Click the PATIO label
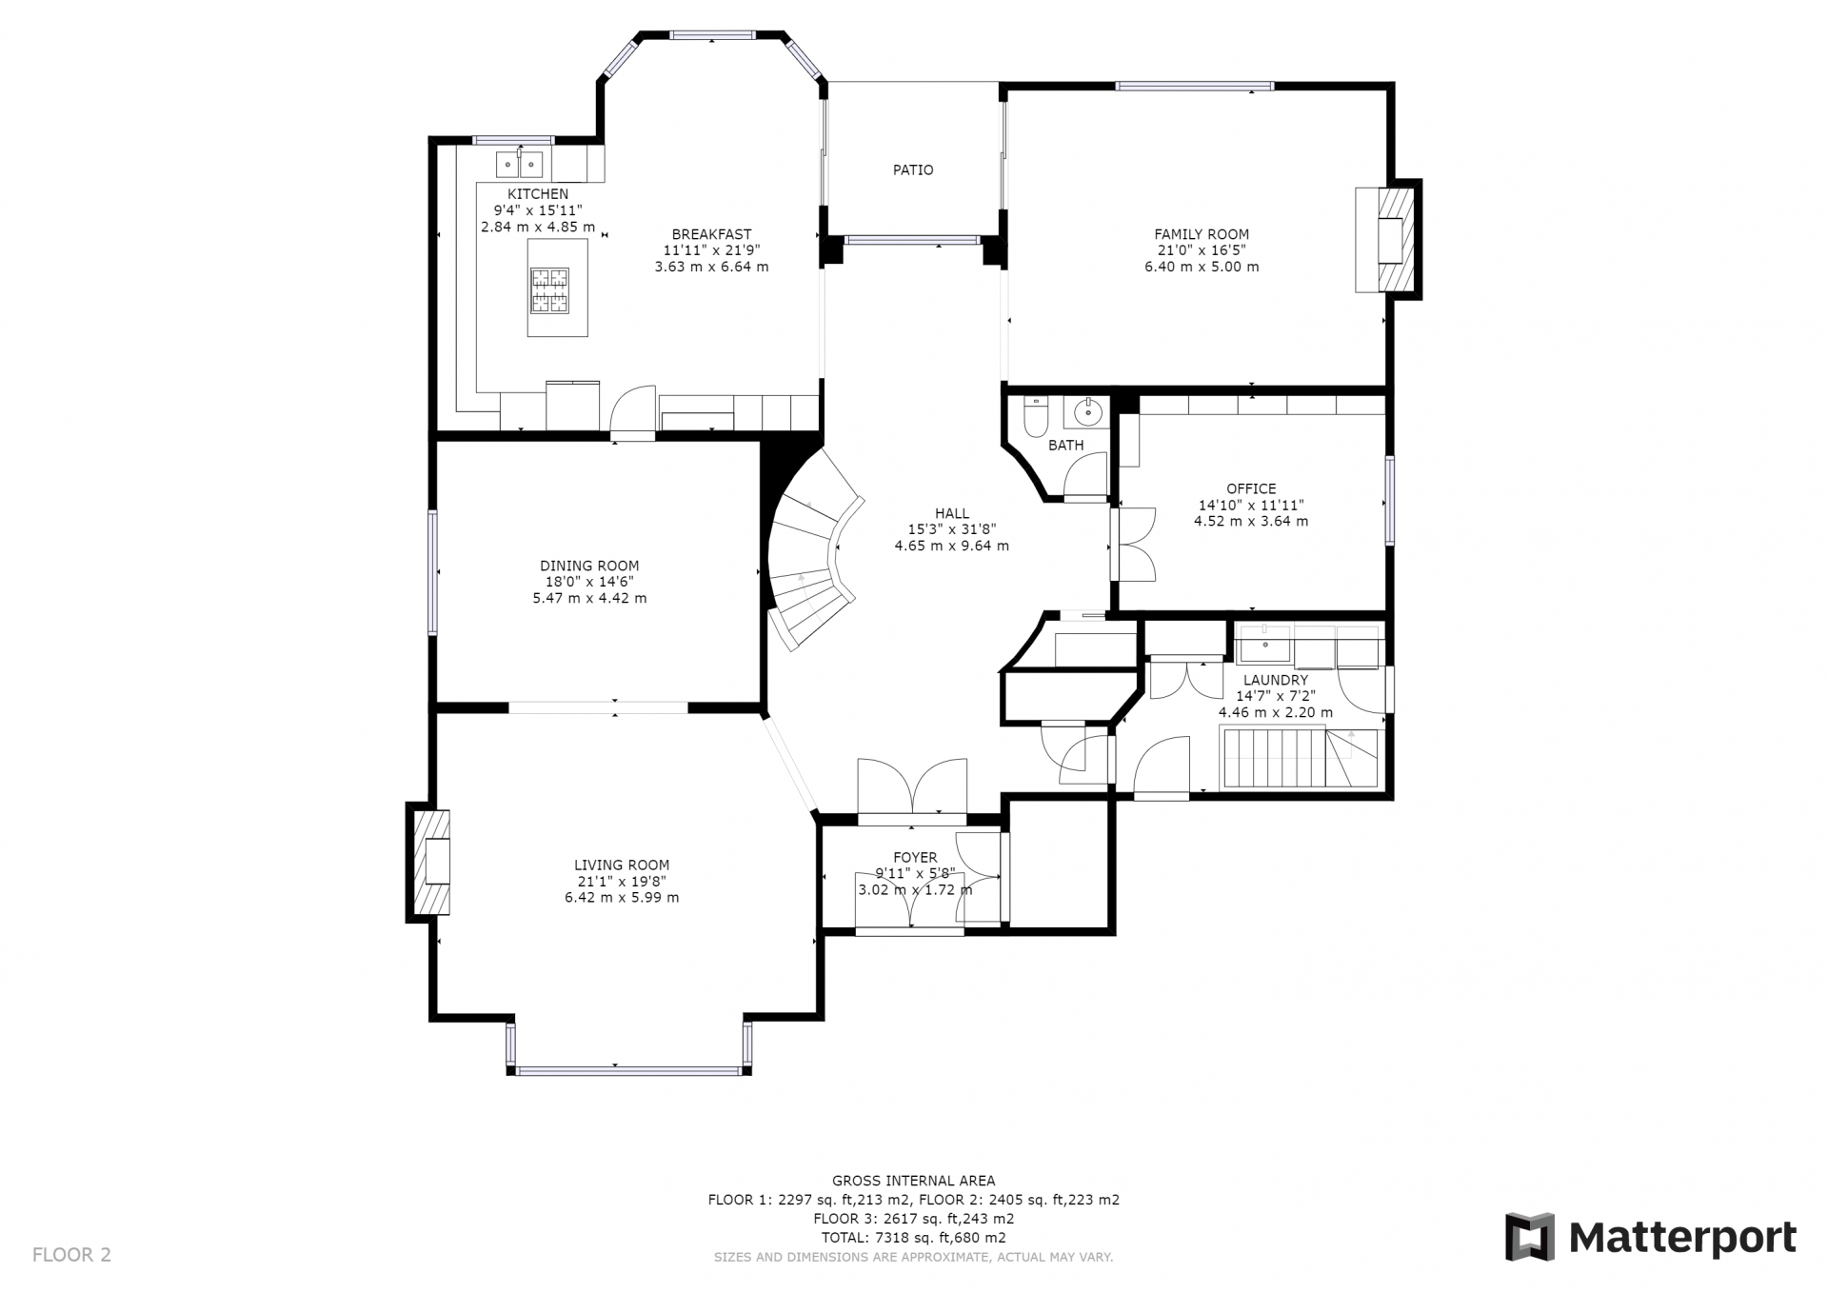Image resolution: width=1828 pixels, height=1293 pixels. point(913,170)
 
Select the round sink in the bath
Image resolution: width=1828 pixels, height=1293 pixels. point(1086,412)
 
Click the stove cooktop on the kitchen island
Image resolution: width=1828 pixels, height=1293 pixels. point(550,290)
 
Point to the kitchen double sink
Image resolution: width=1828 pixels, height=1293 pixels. point(520,165)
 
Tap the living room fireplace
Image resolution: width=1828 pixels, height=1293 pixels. point(429,863)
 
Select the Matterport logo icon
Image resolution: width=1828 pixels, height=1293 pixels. point(1529,1238)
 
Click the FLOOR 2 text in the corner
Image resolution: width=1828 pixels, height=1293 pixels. point(71,1255)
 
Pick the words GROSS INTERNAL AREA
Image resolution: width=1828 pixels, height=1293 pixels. point(914,1182)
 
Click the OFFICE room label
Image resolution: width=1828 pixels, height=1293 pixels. point(1251,489)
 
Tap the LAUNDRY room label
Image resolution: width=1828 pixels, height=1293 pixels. point(1276,681)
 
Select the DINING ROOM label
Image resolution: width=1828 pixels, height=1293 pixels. point(589,567)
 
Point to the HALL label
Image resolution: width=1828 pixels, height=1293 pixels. point(952,514)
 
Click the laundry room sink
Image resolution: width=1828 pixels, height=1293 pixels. point(1265,644)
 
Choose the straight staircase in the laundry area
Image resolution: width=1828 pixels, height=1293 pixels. point(1300,757)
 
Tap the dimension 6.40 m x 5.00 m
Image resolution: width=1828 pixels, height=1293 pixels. point(1202,268)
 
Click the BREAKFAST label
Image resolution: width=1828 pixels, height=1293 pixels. point(711,234)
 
